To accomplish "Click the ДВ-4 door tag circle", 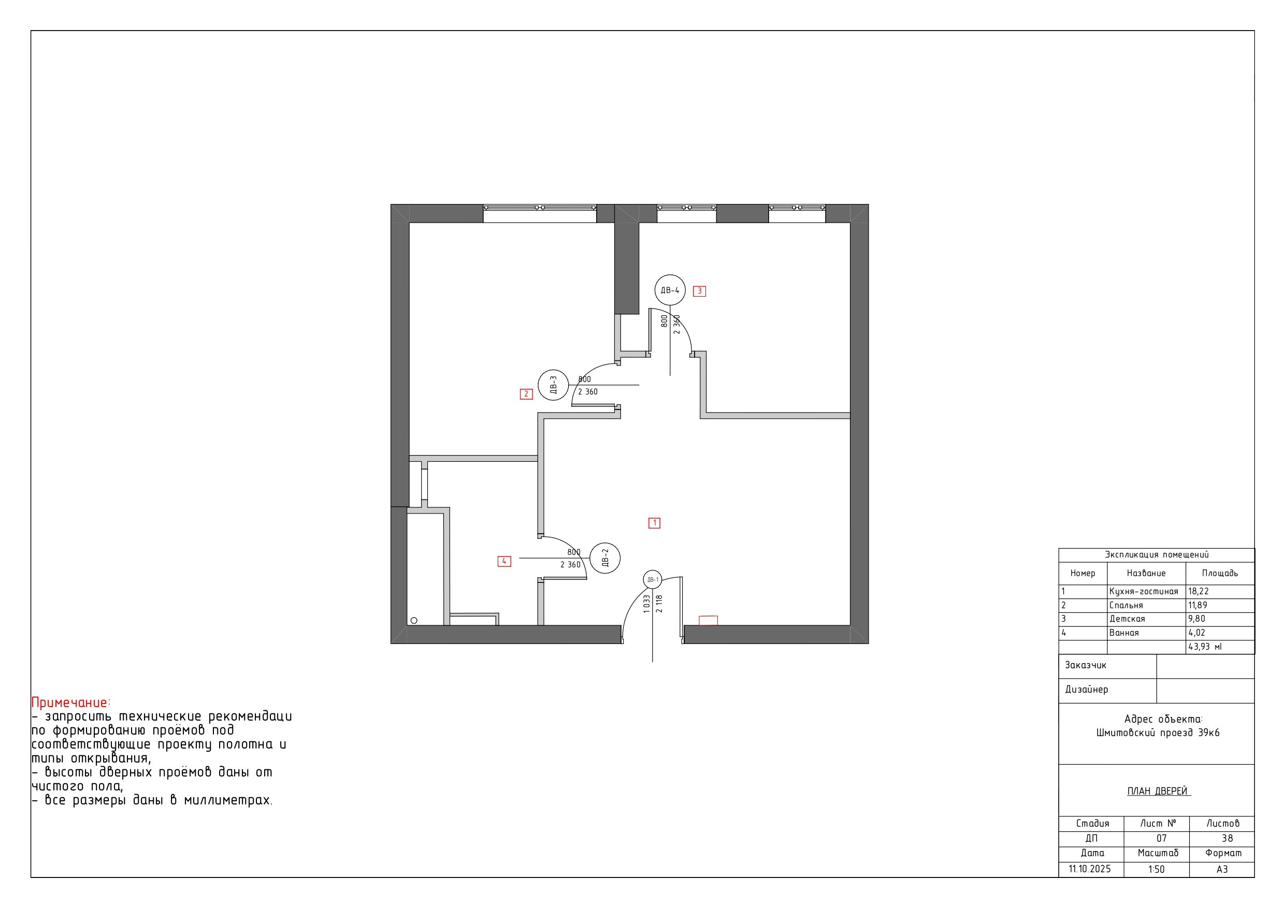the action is pos(670,290).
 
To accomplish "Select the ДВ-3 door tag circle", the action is pos(553,385).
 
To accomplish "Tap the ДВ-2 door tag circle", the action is pos(605,558).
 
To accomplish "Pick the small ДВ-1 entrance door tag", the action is pos(653,580).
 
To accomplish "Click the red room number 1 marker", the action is pos(654,523).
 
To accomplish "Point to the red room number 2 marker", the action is pos(526,394).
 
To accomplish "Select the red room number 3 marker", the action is pos(700,291).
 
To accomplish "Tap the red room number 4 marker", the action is pos(504,561).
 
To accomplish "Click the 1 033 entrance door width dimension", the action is pos(647,604).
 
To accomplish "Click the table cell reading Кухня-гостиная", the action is pos(1144,591).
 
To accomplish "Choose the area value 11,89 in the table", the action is pos(1197,605).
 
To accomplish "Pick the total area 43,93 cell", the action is pos(1205,647).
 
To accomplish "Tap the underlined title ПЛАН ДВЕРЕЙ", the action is pos(1158,791).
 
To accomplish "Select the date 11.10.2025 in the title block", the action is pos(1090,869).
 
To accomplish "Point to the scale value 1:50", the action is pos(1156,869).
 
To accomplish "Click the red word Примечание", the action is pos(69,702).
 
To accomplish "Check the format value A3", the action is pos(1222,869).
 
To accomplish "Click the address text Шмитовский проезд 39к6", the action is pos(1158,733).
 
